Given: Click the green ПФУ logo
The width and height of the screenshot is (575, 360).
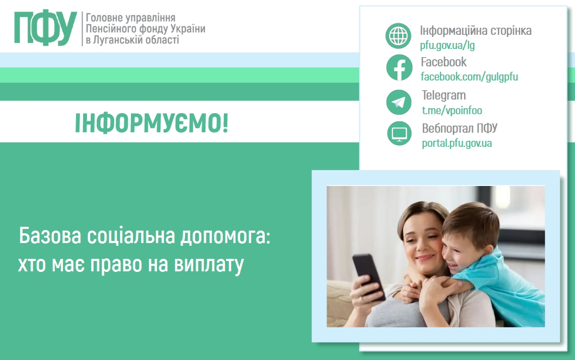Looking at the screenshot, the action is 46,28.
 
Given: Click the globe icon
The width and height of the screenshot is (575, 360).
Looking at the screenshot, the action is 398,35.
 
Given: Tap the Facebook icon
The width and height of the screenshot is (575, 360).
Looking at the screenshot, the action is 399,67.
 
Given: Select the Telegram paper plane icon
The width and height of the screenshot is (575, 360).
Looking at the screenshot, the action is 399,102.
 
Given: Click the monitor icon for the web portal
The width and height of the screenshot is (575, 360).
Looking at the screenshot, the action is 399,134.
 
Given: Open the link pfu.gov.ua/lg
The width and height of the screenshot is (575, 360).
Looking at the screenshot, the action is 447,45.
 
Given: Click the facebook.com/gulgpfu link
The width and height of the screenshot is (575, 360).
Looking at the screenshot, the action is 469,77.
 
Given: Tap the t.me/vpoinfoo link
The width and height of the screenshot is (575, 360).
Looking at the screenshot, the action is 452,110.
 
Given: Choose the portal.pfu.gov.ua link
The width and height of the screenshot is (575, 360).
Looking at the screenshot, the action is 457,143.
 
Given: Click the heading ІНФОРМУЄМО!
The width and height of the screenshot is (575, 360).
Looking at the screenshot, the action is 152,123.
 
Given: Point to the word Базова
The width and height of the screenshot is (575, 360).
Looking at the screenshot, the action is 50,235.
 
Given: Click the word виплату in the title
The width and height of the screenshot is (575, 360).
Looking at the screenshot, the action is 209,265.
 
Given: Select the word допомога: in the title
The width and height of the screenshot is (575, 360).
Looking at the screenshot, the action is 225,237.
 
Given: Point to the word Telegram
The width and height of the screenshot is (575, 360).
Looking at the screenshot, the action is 443,95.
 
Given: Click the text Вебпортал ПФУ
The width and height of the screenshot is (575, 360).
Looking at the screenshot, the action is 459,128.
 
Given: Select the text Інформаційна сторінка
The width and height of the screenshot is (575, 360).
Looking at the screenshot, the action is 476,30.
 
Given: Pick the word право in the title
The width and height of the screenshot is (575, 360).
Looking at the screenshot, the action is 116,265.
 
